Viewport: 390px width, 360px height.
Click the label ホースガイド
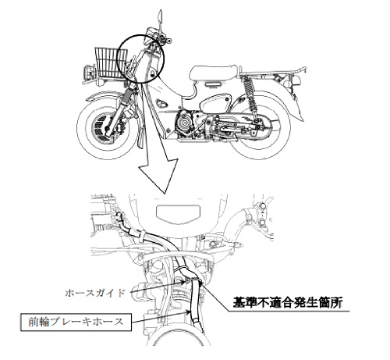click(95, 294)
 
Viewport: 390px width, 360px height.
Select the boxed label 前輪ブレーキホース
click(76, 323)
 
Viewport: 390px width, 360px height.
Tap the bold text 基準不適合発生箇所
click(288, 302)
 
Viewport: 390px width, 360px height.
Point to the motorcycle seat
click(213, 73)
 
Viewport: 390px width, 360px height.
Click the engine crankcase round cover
click(185, 122)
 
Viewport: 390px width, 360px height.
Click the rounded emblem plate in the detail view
click(179, 212)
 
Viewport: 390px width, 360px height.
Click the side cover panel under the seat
click(215, 102)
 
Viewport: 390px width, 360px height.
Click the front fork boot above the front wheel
click(128, 94)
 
